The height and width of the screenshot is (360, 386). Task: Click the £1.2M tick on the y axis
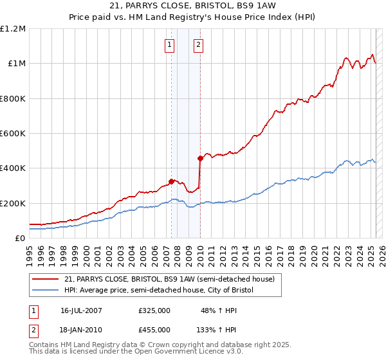coord(12,29)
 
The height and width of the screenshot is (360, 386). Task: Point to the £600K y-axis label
coord(12,134)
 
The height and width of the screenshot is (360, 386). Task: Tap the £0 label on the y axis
coord(20,239)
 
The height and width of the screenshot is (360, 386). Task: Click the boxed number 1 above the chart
coord(169,44)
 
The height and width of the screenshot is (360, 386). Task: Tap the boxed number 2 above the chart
coord(198,44)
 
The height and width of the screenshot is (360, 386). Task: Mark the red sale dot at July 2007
coord(172,181)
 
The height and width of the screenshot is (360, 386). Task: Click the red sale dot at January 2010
coord(200,159)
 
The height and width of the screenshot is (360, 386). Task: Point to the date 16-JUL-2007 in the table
coord(81,310)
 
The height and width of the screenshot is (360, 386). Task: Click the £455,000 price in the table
coord(154,329)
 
